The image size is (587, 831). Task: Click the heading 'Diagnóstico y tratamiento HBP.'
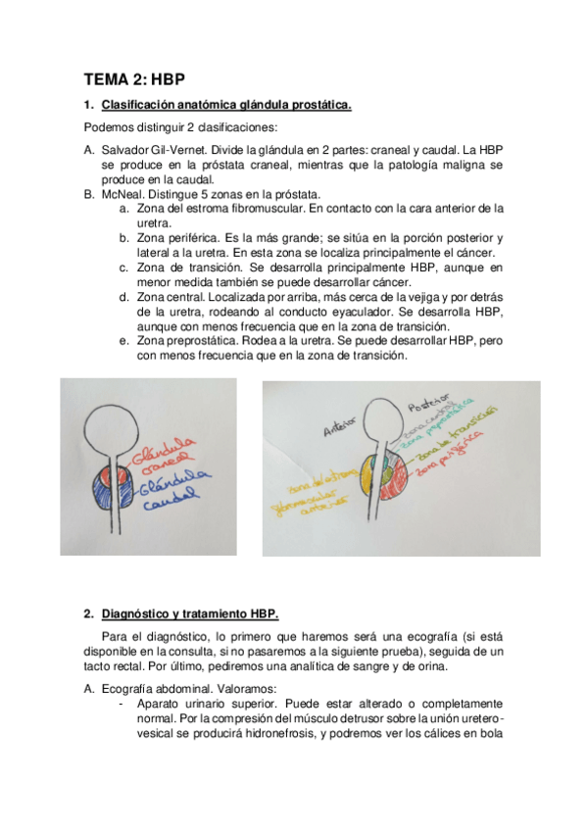coord(190,613)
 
